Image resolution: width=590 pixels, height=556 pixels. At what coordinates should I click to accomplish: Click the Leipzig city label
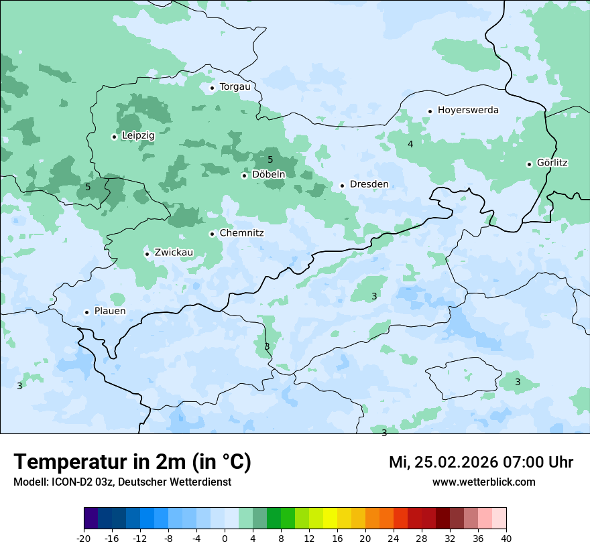tap(138, 135)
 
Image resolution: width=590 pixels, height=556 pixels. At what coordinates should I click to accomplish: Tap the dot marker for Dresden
tap(342, 186)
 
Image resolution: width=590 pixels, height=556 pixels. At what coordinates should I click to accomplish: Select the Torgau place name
tap(235, 86)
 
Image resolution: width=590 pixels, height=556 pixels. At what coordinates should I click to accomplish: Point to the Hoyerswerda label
tap(468, 110)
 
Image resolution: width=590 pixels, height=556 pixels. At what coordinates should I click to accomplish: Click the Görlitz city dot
tap(529, 164)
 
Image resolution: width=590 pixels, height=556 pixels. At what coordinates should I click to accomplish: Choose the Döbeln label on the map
tap(268, 174)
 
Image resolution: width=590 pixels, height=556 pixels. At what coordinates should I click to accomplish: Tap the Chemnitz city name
tap(241, 233)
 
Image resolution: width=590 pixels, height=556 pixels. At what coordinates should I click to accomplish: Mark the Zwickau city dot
tap(147, 254)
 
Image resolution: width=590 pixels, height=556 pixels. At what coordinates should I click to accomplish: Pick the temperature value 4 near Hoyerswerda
tap(410, 144)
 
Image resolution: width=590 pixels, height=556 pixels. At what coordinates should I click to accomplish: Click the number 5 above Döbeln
tap(270, 159)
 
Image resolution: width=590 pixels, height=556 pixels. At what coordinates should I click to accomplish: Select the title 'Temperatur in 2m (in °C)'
tap(132, 462)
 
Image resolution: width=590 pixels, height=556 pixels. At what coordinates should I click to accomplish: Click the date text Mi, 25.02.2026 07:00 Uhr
tap(481, 462)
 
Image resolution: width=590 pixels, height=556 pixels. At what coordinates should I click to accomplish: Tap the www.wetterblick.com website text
tap(483, 482)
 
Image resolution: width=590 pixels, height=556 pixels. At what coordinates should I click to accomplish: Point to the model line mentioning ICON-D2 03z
tap(122, 482)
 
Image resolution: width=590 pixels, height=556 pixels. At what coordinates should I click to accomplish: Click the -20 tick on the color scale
tap(84, 538)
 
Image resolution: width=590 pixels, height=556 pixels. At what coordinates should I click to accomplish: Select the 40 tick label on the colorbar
tap(506, 538)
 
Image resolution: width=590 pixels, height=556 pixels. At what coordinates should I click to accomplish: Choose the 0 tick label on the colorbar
tap(225, 538)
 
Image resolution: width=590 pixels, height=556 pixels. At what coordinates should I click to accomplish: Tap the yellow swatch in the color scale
tap(330, 518)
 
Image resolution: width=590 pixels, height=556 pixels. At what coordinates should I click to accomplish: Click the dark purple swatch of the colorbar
tap(91, 518)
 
